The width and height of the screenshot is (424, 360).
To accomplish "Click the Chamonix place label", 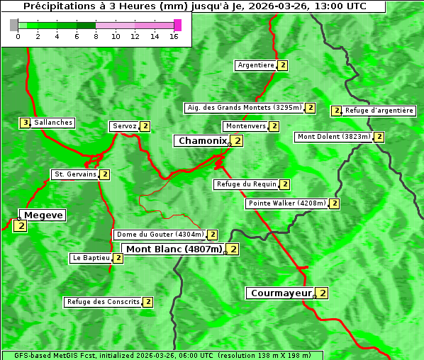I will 202,141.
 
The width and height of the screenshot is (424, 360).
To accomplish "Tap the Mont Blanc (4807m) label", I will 174,249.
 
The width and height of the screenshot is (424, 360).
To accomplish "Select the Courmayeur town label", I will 281,293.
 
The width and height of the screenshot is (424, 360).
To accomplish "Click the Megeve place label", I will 43,215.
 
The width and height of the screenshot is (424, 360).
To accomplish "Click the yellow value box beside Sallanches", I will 26,123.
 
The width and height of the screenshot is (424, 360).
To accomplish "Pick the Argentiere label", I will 256,65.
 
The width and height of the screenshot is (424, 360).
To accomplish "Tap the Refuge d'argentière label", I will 379,111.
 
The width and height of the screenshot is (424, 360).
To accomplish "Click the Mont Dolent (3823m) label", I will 334,137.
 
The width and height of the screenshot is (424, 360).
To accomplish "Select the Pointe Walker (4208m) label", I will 287,203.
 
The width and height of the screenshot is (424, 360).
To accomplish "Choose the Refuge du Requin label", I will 246,184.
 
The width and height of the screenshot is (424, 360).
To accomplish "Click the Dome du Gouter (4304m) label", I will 160,235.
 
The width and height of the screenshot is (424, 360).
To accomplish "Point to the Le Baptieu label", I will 91,258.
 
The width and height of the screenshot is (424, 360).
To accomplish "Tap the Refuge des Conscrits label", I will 103,302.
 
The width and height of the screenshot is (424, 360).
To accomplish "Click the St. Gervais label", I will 74,174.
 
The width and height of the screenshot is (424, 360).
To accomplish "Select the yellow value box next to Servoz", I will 145,126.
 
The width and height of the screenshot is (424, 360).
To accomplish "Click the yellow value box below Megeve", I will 20,227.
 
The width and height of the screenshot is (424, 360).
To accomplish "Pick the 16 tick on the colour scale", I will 174,36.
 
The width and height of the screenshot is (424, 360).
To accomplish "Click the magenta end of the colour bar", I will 177,25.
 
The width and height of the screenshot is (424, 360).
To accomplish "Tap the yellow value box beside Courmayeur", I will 323,293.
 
